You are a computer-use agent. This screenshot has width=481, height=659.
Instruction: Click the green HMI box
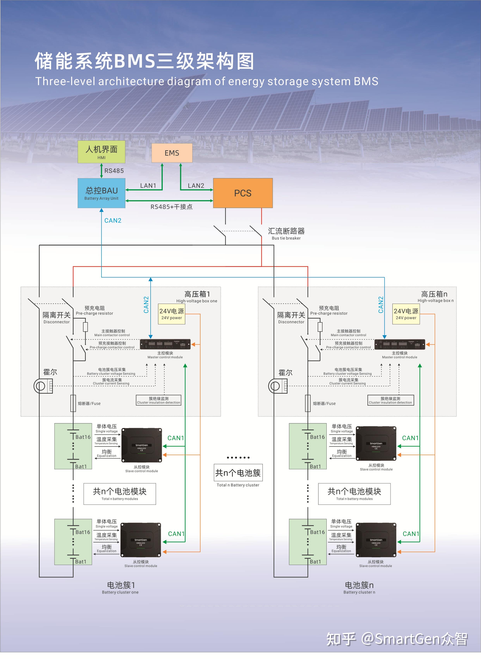coord(101,152)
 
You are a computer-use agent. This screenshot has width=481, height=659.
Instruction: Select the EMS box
coord(172,153)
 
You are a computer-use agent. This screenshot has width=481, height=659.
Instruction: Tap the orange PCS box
coord(243,193)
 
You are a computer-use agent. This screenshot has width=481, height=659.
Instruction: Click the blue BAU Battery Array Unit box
coord(101,193)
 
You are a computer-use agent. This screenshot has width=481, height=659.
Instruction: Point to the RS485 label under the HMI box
coord(114,171)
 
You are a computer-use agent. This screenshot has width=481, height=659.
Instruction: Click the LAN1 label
coord(148,185)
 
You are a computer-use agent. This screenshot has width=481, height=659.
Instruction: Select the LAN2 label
coord(196,185)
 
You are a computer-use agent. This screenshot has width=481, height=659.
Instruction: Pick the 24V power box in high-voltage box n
coord(406,314)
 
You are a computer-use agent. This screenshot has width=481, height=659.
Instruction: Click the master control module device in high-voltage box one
coord(165,344)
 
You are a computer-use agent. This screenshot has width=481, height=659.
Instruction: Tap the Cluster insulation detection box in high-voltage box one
coord(159,400)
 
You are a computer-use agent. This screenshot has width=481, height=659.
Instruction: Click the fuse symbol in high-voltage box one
coord(73,403)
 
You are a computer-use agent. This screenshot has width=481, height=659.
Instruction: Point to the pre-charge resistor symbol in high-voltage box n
coord(320,327)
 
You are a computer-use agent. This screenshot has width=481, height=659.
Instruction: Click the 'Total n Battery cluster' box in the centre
coord(238,473)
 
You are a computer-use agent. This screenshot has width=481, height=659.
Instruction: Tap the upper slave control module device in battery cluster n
coord(376,444)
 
